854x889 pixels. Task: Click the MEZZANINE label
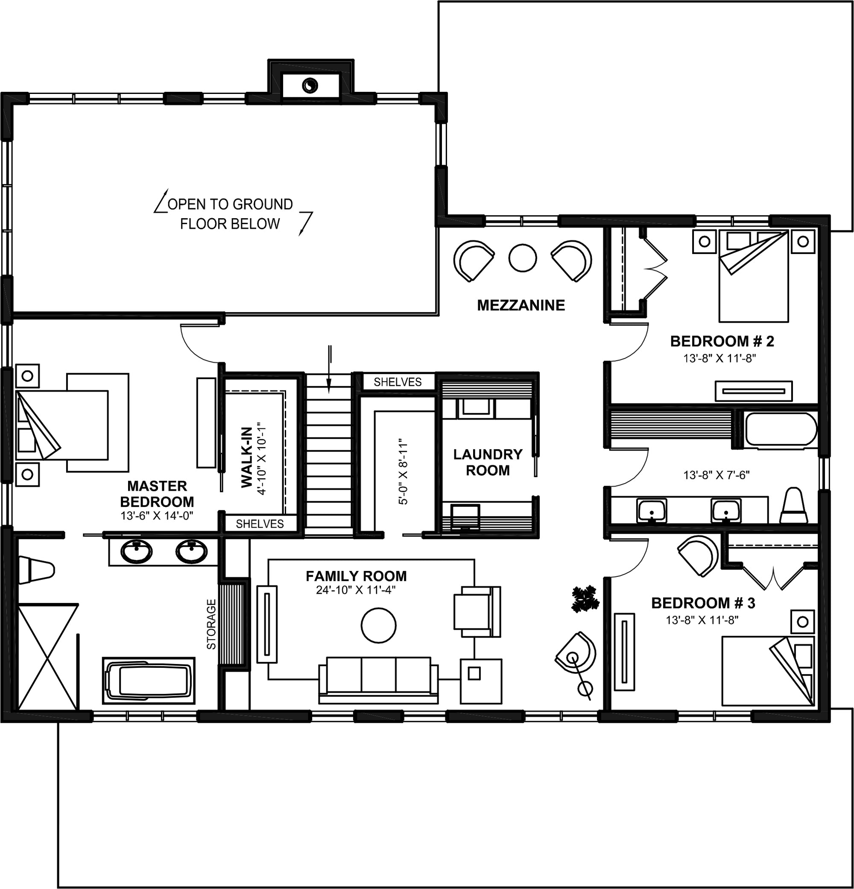point(521,305)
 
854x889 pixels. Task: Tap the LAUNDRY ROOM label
point(488,462)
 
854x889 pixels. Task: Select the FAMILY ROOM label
point(356,576)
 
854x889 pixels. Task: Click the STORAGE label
point(211,624)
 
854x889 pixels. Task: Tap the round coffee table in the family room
point(379,626)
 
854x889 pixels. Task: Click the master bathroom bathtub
point(149,681)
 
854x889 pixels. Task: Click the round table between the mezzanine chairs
point(523,258)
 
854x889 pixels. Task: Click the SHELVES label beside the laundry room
point(398,382)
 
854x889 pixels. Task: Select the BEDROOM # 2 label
point(722,341)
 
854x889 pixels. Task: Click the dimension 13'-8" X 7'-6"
point(717,475)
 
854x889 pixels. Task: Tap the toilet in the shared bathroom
point(794,505)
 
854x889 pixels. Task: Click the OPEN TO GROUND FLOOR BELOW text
point(231,213)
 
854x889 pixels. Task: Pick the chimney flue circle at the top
point(311,85)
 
